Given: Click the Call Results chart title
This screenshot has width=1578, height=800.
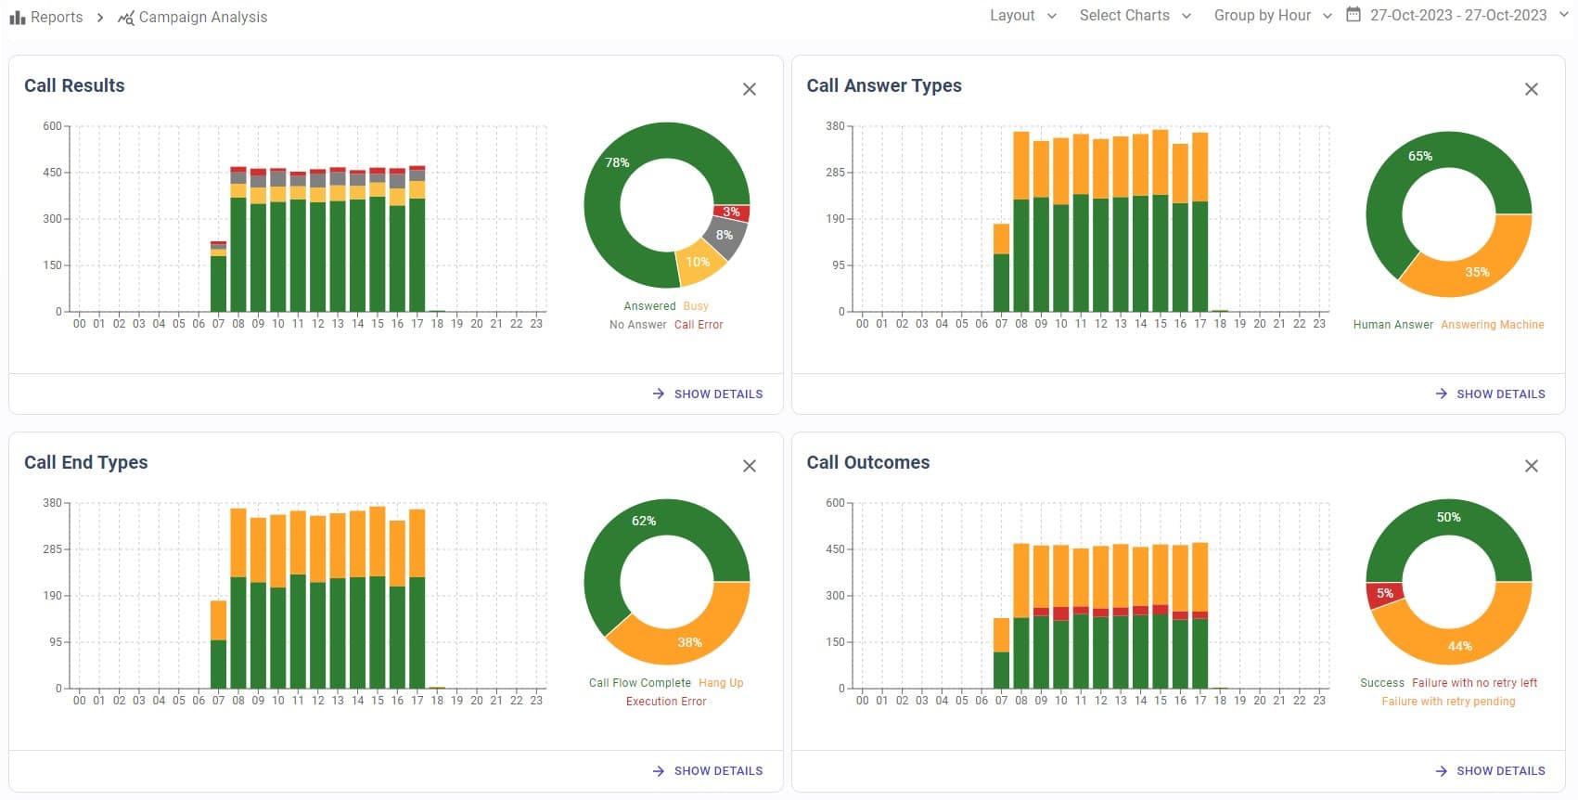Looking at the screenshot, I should [74, 85].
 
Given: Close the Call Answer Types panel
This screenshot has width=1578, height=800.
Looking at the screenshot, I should [1532, 89].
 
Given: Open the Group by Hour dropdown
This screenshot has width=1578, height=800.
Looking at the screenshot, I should [1272, 16].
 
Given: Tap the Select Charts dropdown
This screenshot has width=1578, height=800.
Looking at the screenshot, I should [1135, 16].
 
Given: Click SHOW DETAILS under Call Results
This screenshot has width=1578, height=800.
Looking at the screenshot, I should [708, 394].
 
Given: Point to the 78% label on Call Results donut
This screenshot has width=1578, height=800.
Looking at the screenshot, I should [617, 162].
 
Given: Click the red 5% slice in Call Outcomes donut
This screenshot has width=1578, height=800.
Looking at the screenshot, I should [1384, 594].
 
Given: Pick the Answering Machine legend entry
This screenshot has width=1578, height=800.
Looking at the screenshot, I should [1492, 325].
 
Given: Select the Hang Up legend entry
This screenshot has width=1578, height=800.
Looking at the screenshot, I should [721, 683].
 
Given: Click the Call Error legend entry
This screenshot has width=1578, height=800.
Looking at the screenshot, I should [699, 325].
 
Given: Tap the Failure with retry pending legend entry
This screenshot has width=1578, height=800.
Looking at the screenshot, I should [1448, 702].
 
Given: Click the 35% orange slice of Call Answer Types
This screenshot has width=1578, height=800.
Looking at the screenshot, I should [1477, 272].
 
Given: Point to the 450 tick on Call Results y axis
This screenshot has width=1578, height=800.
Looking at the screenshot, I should [52, 173].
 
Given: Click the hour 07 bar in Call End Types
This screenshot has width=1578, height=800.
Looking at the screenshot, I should [218, 650].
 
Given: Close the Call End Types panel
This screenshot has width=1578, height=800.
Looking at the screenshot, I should [750, 466].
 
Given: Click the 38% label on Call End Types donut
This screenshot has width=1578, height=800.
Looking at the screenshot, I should [689, 642].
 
